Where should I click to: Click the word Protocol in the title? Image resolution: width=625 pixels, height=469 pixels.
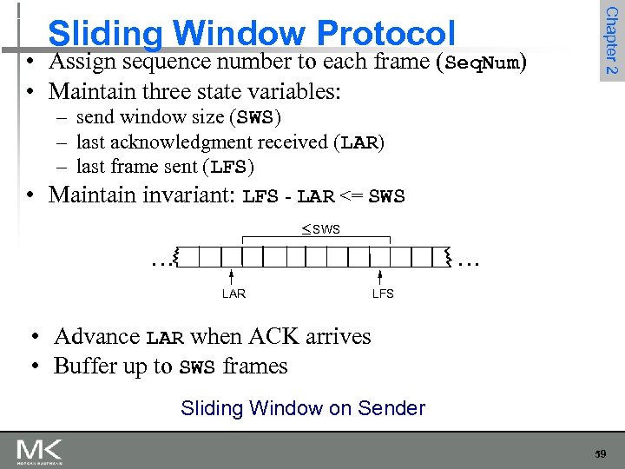coord(387,33)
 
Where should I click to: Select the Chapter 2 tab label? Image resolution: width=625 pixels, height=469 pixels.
coord(611,40)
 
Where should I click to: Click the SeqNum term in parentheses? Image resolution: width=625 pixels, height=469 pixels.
coord(483,63)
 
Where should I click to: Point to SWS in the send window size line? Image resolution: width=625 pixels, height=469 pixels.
coord(257,117)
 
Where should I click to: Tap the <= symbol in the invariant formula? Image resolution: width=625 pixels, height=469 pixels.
coord(351,196)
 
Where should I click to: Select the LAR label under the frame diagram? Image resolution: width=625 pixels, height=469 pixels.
coord(234,294)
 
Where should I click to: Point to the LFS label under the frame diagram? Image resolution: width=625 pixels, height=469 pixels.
coord(383,294)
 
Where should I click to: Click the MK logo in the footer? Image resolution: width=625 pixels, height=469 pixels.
coord(39,450)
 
